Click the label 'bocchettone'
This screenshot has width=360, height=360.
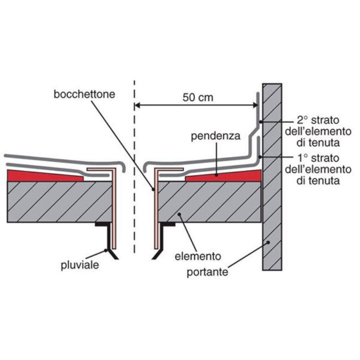click(x=84, y=95)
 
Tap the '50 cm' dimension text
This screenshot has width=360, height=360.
click(x=198, y=98)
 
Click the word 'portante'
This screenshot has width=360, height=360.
click(x=207, y=272)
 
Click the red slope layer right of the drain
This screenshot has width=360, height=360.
click(x=230, y=176)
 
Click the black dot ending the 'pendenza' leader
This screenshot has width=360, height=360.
click(x=216, y=175)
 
